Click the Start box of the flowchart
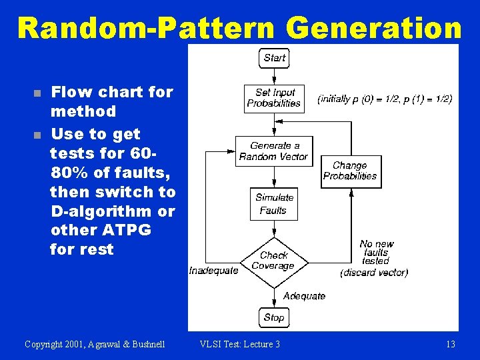pos(274,58)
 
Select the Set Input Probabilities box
pos(274,98)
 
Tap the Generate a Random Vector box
pos(274,151)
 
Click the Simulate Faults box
pos(274,204)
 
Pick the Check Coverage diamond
pos(273,261)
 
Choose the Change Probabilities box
pos(350,171)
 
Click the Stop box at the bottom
pos(274,317)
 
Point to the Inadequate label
pos(213,271)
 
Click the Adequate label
pos(304,295)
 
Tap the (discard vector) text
pos(374,273)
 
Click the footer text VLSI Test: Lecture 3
pos(240,344)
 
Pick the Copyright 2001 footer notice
pos(95,344)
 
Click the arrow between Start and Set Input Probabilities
pos(274,77)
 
